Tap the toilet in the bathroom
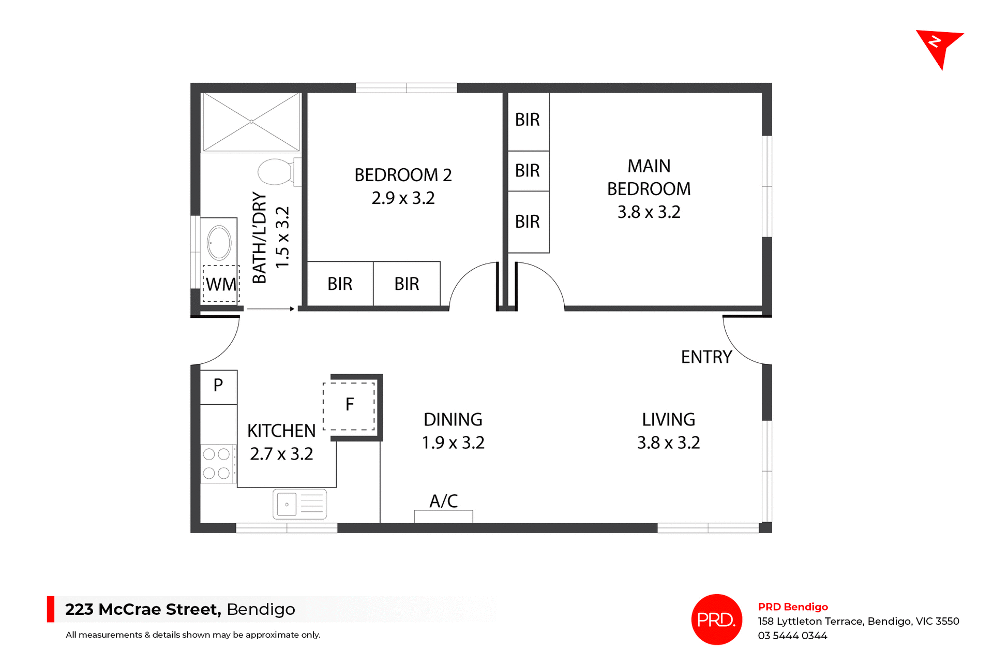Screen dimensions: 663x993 tap(277, 172)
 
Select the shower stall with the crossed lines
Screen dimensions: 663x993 tap(251, 122)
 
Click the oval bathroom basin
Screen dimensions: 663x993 tap(219, 242)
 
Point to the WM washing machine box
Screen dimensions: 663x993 tap(221, 284)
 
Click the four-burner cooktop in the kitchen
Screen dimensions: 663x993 tap(217, 464)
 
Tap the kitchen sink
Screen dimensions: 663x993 tap(300, 504)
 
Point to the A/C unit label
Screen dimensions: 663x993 tap(443, 501)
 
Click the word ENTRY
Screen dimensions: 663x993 tap(706, 357)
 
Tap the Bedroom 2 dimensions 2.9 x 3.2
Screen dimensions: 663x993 tap(403, 198)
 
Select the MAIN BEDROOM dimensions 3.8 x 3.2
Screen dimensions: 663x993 tap(649, 212)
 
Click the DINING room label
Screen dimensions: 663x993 tap(453, 420)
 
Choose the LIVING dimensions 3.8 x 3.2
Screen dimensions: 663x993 tap(668, 443)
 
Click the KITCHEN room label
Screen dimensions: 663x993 tap(281, 431)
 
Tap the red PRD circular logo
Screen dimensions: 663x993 tap(716, 620)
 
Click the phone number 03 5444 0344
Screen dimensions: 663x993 tap(792, 636)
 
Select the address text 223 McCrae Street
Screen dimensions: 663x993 tap(143, 609)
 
